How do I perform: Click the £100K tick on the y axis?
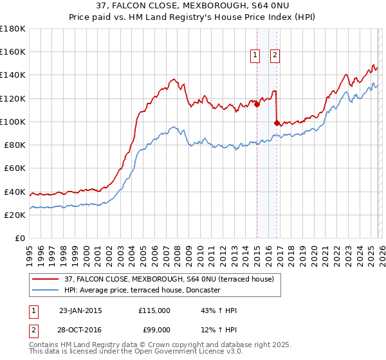pos(14,122)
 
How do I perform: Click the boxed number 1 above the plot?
pos(255,56)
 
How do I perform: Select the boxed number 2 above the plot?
pos(275,56)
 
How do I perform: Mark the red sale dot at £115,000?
pos(257,104)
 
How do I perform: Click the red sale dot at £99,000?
pos(277,123)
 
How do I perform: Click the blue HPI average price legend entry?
pos(143,290)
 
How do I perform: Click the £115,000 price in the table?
pos(154,310)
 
